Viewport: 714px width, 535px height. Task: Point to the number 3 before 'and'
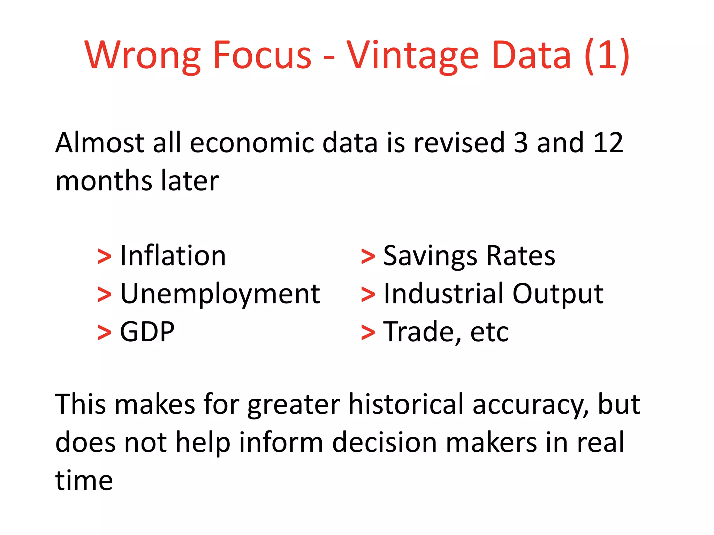521,143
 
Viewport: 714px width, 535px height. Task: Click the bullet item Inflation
173,256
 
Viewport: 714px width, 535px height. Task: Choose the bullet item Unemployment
220,294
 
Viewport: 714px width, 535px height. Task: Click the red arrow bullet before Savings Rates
368,257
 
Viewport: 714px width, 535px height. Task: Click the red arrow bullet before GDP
104,333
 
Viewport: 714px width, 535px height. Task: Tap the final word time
84,481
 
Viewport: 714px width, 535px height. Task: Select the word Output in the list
558,294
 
